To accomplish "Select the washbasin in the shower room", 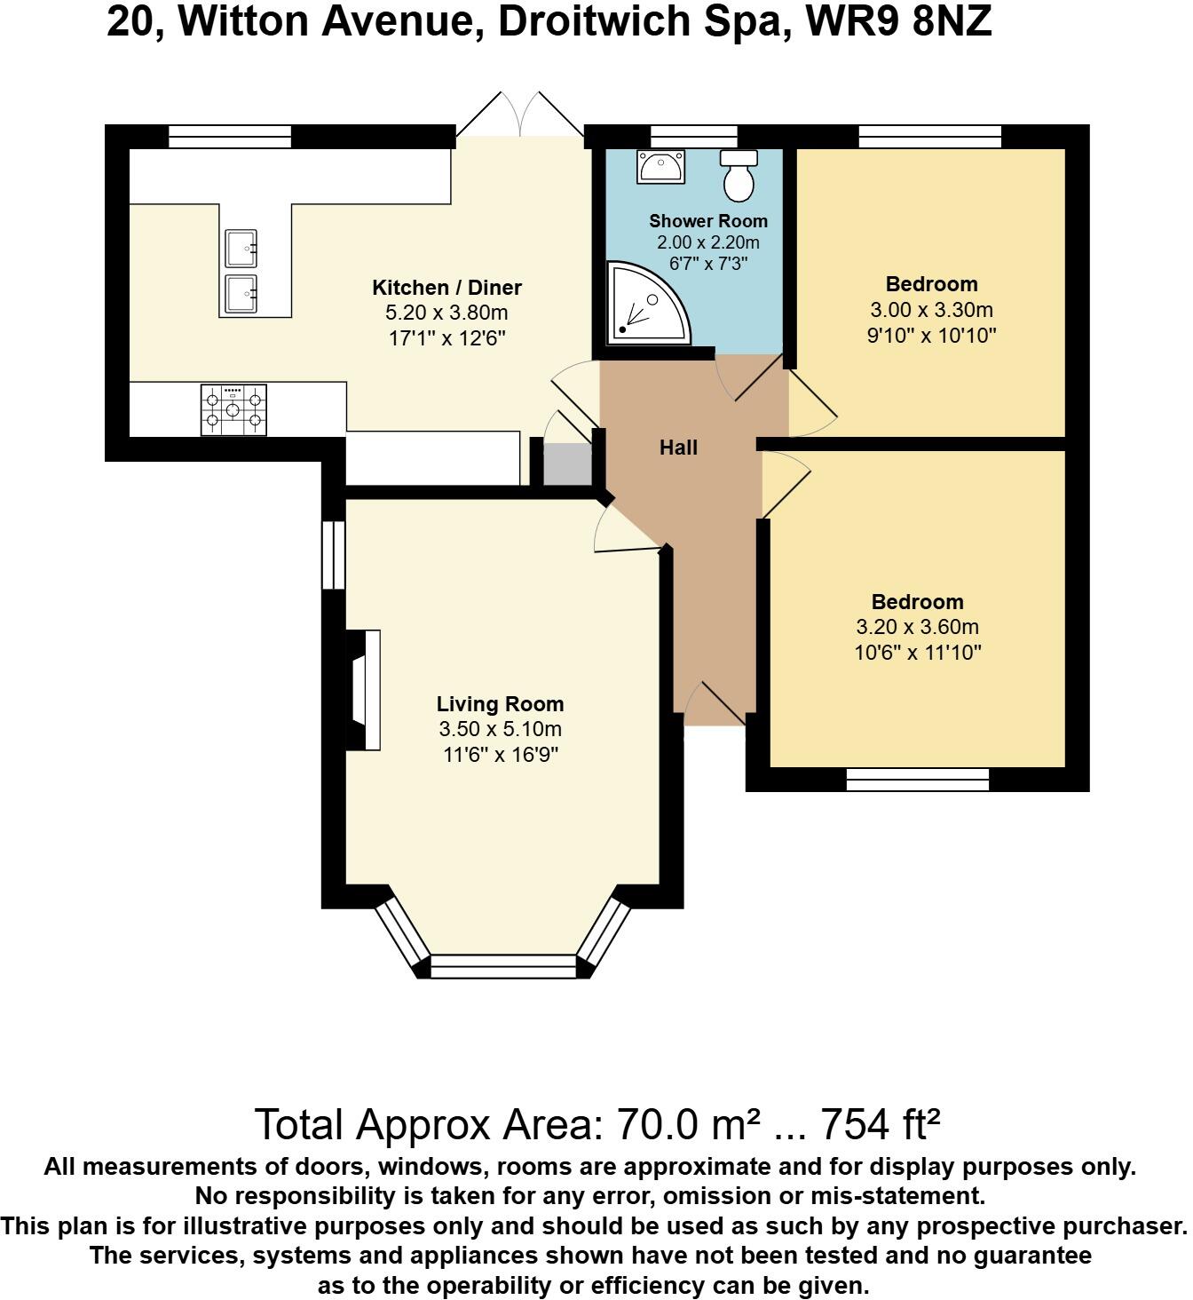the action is [660, 167].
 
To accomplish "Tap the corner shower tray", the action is [648, 303].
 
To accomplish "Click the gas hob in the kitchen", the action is [233, 409].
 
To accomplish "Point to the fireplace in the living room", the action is [364, 690].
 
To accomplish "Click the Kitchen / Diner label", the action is [446, 287].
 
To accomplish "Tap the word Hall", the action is [678, 448].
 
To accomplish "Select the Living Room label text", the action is [500, 704].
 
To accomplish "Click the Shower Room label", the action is [708, 221].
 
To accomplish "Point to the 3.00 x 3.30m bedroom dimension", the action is [931, 310].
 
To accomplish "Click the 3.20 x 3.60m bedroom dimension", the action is [917, 627].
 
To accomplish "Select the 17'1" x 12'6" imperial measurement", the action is [446, 337].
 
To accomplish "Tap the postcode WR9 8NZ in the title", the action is [898, 22].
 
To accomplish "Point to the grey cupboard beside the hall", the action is [567, 464].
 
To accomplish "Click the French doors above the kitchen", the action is [519, 115].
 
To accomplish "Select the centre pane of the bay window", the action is [503, 965].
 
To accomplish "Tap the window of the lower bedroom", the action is [918, 780].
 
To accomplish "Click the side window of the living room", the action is [334, 555].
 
